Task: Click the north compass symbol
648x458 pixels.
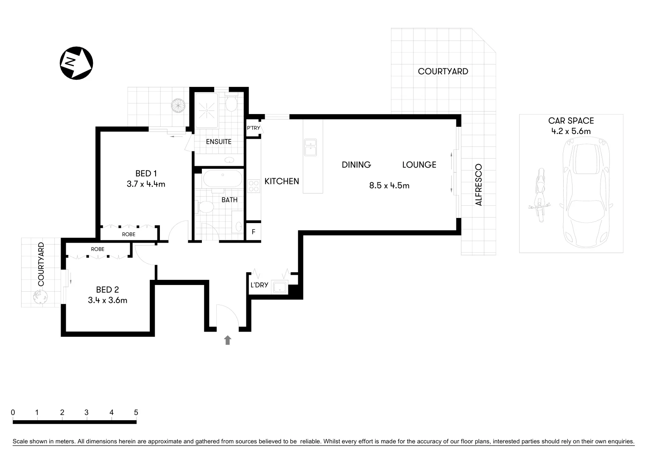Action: [76, 63]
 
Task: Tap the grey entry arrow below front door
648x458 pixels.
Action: [228, 340]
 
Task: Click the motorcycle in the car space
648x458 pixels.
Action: [539, 195]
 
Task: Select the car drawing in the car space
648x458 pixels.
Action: [586, 195]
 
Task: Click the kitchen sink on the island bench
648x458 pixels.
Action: [310, 147]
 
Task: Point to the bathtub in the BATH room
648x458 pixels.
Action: [223, 179]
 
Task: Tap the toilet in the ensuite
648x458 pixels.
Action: [231, 103]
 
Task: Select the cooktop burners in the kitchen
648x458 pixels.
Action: [254, 186]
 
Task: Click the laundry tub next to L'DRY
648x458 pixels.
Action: [280, 287]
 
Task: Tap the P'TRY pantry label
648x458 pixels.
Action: [254, 128]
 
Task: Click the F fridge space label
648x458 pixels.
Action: [254, 232]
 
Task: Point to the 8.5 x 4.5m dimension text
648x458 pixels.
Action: [389, 185]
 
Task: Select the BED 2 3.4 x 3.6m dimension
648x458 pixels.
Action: [107, 300]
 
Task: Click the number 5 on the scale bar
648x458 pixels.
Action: [136, 412]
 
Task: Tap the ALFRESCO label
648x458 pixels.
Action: [479, 185]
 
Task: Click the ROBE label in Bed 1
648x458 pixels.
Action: [128, 234]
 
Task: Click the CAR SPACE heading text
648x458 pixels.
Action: [571, 121]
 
